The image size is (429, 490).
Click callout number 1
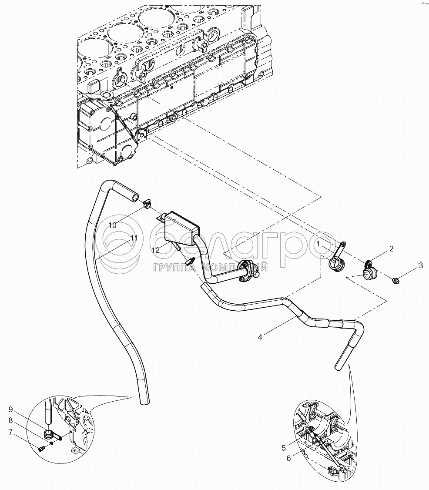(318, 244)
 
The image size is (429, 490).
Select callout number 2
(391, 249)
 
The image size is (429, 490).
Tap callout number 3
(421, 265)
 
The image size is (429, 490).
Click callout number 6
(289, 458)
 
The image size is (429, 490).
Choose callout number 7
(11, 432)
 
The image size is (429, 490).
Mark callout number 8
(11, 421)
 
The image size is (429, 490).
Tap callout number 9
(11, 409)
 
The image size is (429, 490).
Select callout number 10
(113, 225)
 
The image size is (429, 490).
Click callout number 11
(134, 238)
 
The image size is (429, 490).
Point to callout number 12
(156, 250)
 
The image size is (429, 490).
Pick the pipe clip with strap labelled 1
(338, 258)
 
